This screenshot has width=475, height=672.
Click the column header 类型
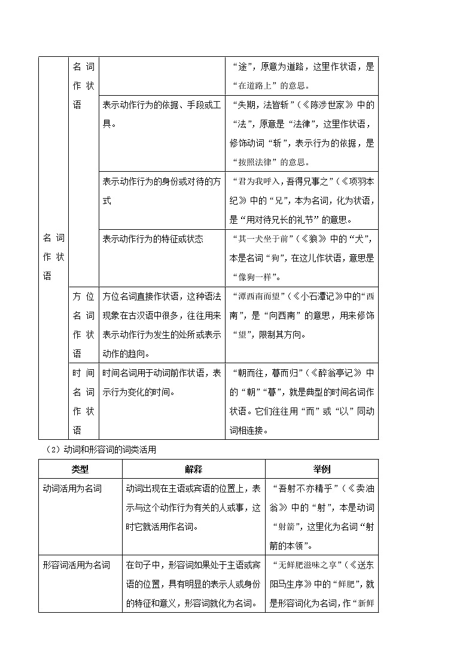point(80,469)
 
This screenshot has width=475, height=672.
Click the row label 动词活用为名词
point(72,488)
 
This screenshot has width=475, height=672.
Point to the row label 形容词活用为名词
point(77,565)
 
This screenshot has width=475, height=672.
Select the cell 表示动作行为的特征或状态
point(153,239)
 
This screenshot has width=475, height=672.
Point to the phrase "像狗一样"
point(256,277)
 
